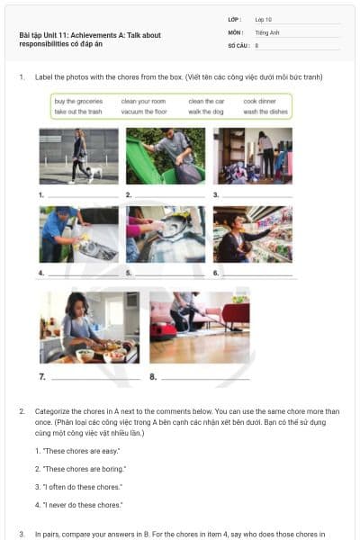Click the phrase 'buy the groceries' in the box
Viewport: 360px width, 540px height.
pos(78,102)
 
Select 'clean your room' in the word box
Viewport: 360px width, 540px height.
pos(143,102)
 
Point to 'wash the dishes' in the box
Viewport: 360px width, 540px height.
pos(265,112)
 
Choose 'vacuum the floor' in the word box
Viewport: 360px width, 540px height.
pos(144,112)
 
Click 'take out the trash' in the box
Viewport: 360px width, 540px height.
pos(78,112)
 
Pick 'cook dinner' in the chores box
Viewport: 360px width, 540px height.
pos(261,102)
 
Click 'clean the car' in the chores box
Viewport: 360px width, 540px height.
pos(206,102)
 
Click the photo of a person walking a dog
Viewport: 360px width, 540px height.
pos(78,156)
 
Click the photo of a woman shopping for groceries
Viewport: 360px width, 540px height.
pos(252,234)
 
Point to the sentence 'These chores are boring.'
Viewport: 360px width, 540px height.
pos(80,469)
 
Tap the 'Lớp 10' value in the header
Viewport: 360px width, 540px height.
pos(263,19)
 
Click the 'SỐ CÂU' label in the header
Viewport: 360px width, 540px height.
pos(237,44)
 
